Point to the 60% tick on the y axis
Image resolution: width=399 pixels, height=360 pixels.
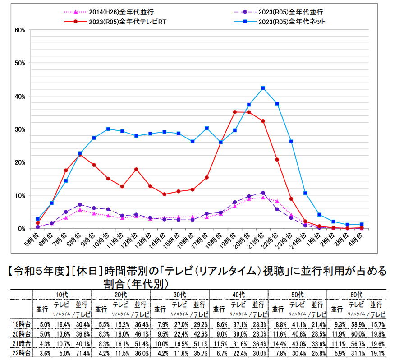[x=19, y=30]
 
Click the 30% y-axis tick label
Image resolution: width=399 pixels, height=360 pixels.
[x=19, y=129]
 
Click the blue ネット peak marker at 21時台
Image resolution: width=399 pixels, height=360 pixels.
[x=263, y=88]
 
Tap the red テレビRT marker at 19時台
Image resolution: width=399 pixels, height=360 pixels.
[x=235, y=112]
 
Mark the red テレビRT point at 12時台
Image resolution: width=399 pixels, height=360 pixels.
[x=136, y=169]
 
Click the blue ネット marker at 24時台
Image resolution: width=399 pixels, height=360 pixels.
[x=305, y=193]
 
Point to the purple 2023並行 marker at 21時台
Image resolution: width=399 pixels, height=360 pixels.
[x=263, y=193]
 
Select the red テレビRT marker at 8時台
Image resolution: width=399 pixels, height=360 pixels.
[x=80, y=154]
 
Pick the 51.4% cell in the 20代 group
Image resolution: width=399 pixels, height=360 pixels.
[x=141, y=343]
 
